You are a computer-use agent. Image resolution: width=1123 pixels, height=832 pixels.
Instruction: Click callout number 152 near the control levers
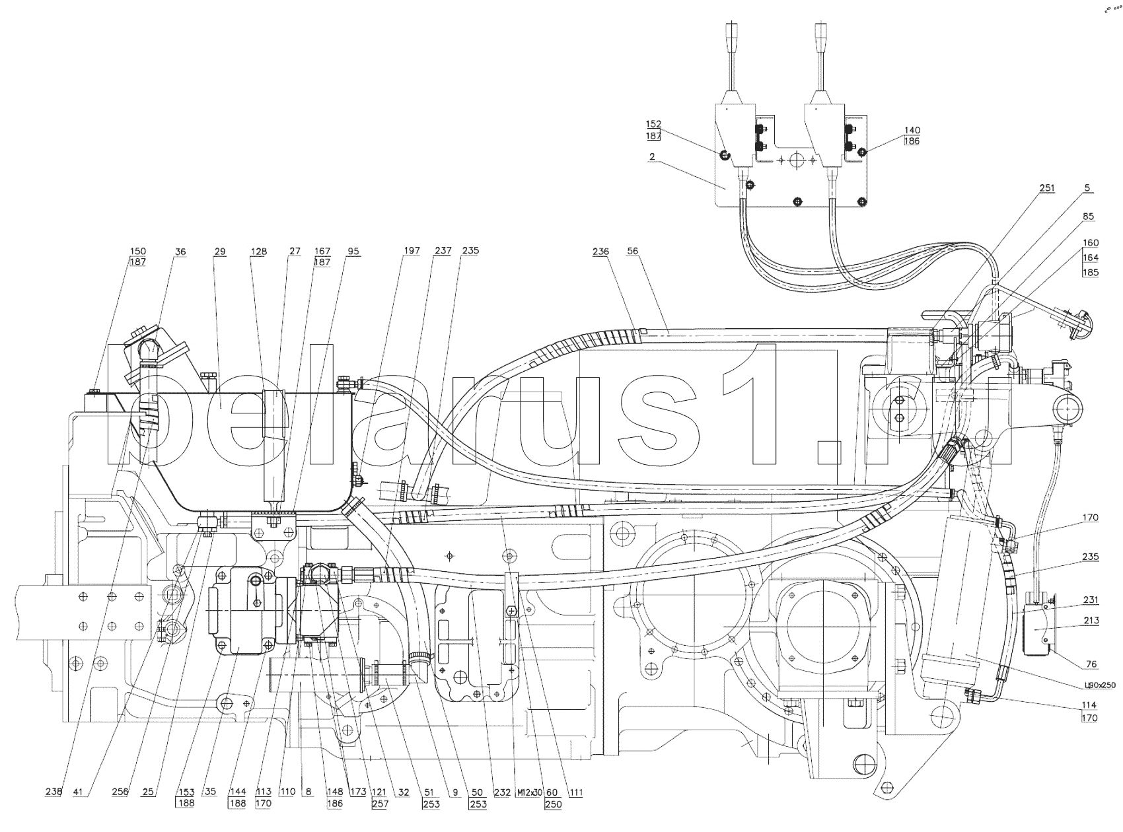653,124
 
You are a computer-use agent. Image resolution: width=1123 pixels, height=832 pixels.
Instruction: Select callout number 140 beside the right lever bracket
912,130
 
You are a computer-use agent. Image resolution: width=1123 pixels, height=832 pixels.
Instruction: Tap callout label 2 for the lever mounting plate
651,156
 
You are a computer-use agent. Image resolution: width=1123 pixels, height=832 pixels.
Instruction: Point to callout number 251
1047,188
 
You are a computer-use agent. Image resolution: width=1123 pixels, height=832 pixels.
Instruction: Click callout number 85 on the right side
1087,215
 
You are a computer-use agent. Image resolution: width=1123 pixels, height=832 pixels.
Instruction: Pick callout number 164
1090,258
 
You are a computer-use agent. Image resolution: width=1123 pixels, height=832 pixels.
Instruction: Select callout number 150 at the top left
138,251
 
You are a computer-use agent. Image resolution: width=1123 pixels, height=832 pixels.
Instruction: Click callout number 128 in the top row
259,251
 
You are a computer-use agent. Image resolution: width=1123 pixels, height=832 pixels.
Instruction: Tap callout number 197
412,251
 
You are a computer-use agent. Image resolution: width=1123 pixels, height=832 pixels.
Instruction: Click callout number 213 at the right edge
1091,620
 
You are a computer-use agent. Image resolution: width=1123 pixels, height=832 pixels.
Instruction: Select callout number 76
1091,664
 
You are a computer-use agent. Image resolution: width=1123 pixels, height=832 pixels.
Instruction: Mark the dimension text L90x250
1098,685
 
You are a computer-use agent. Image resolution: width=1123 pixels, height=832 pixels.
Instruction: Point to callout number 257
380,804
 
